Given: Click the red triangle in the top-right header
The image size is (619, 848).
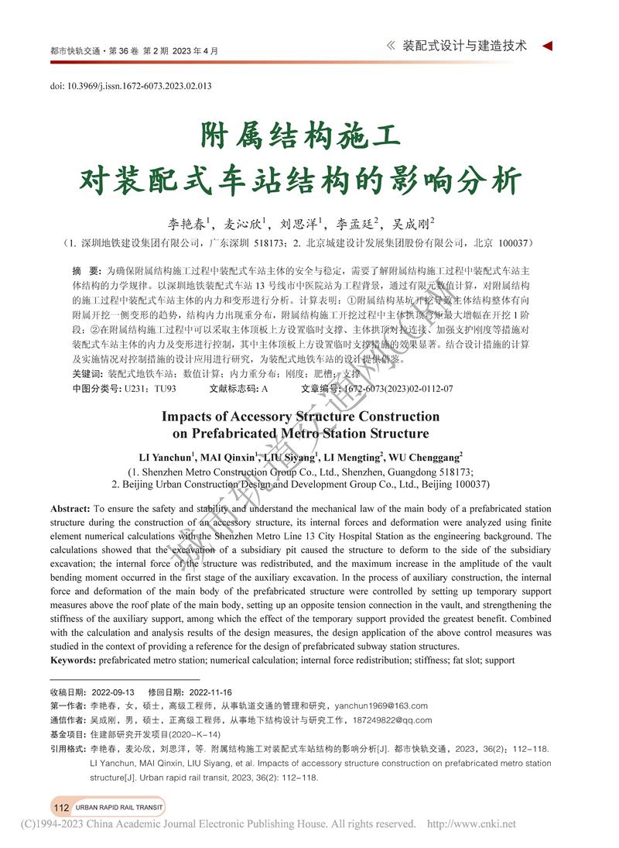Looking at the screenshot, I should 547,46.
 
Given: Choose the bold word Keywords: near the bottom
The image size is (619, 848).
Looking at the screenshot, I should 73,660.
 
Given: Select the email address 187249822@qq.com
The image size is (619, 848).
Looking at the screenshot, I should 395,720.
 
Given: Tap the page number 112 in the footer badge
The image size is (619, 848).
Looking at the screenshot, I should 61,808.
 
